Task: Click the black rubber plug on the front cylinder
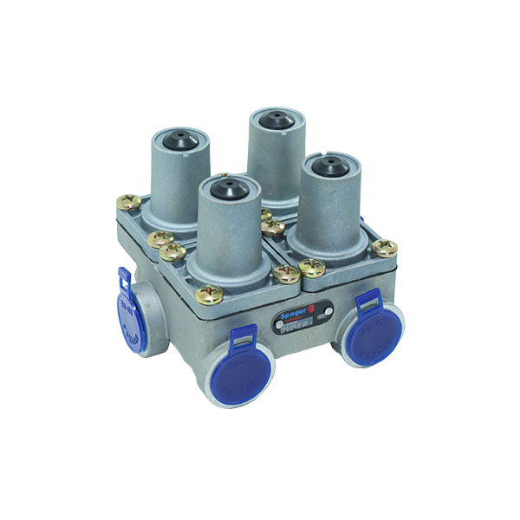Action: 226,185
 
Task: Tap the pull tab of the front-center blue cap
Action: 244,335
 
